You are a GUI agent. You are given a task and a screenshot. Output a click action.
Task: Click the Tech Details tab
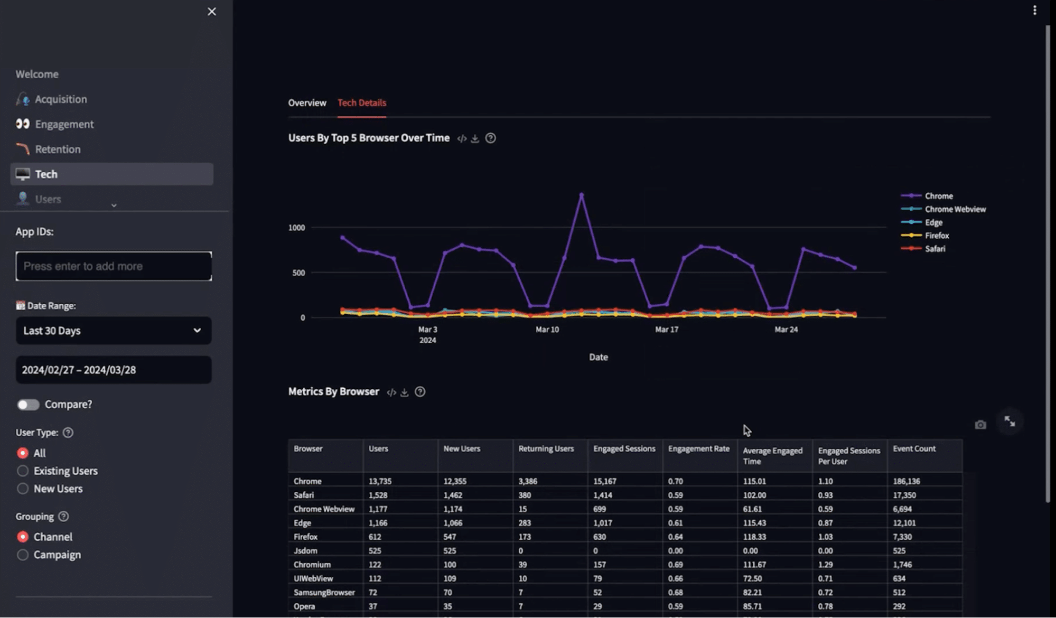(361, 102)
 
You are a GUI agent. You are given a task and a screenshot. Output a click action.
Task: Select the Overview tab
(307, 102)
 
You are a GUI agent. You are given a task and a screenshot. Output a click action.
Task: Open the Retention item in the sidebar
(58, 149)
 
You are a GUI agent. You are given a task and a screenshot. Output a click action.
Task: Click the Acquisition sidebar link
(61, 99)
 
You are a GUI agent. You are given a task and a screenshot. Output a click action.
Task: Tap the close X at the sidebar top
(212, 12)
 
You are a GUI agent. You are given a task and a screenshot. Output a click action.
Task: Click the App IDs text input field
(114, 266)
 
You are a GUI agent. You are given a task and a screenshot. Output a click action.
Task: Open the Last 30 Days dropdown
(114, 331)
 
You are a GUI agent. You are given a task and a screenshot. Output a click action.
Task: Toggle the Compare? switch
(28, 405)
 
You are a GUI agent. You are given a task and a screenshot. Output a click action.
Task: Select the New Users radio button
(23, 489)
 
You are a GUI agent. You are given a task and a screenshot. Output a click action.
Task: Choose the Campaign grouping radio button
(23, 555)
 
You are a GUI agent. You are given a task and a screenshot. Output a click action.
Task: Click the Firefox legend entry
(937, 236)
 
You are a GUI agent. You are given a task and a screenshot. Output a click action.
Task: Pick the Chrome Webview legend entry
(955, 209)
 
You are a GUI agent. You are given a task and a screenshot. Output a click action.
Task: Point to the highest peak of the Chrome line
(582, 195)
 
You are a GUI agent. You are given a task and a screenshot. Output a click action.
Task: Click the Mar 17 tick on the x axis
(667, 330)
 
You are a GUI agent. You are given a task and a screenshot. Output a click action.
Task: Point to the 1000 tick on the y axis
(296, 228)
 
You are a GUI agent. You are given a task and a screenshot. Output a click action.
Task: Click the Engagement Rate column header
(698, 449)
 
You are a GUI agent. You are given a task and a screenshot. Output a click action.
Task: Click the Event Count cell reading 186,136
(907, 481)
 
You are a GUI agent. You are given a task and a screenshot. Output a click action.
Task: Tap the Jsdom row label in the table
(305, 550)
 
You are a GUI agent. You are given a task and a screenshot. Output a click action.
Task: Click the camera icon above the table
(980, 425)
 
